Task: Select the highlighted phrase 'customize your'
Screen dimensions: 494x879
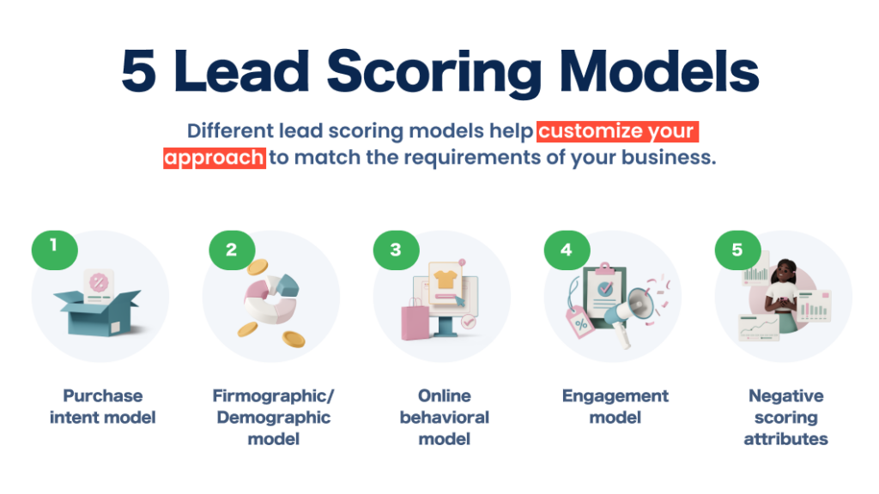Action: pyautogui.click(x=618, y=132)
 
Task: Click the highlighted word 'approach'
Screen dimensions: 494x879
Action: pyautogui.click(x=215, y=159)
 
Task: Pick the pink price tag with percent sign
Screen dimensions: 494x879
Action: pyautogui.click(x=581, y=324)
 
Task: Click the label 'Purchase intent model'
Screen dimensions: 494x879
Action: pyautogui.click(x=102, y=407)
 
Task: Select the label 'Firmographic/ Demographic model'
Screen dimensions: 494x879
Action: pyautogui.click(x=273, y=417)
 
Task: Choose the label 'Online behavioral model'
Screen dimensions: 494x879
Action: pyautogui.click(x=445, y=417)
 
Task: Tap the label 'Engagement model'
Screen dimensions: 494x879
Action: pyautogui.click(x=615, y=407)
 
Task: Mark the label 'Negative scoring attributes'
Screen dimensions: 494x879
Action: pyautogui.click(x=785, y=417)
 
